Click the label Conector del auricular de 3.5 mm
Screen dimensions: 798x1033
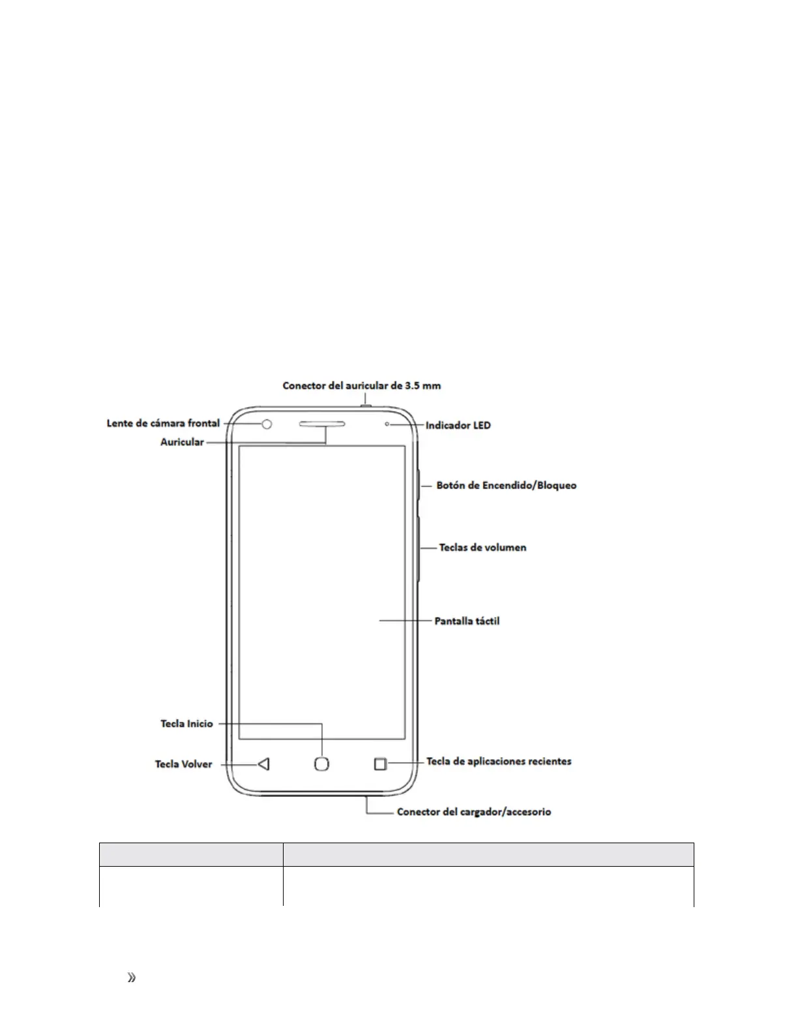click(361, 385)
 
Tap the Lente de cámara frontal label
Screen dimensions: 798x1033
click(163, 423)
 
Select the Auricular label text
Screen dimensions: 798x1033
click(182, 442)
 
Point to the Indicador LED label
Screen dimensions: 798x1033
click(458, 425)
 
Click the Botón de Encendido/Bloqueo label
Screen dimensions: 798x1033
click(506, 485)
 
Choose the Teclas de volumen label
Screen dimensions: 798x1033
click(482, 547)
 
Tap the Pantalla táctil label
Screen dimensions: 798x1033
click(467, 621)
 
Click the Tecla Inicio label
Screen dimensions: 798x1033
click(186, 723)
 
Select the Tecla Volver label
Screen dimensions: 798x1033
click(183, 764)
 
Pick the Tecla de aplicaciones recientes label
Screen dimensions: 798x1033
click(499, 761)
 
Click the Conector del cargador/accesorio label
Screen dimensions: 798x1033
click(474, 812)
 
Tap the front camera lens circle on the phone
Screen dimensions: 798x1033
click(267, 425)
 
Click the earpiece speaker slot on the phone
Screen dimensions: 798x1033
click(323, 425)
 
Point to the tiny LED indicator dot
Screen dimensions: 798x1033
click(387, 425)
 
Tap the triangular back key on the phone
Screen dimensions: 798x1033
click(263, 764)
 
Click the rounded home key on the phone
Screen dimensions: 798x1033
click(321, 764)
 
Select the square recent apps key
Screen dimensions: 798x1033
click(381, 764)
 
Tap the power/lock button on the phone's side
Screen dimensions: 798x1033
click(419, 485)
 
